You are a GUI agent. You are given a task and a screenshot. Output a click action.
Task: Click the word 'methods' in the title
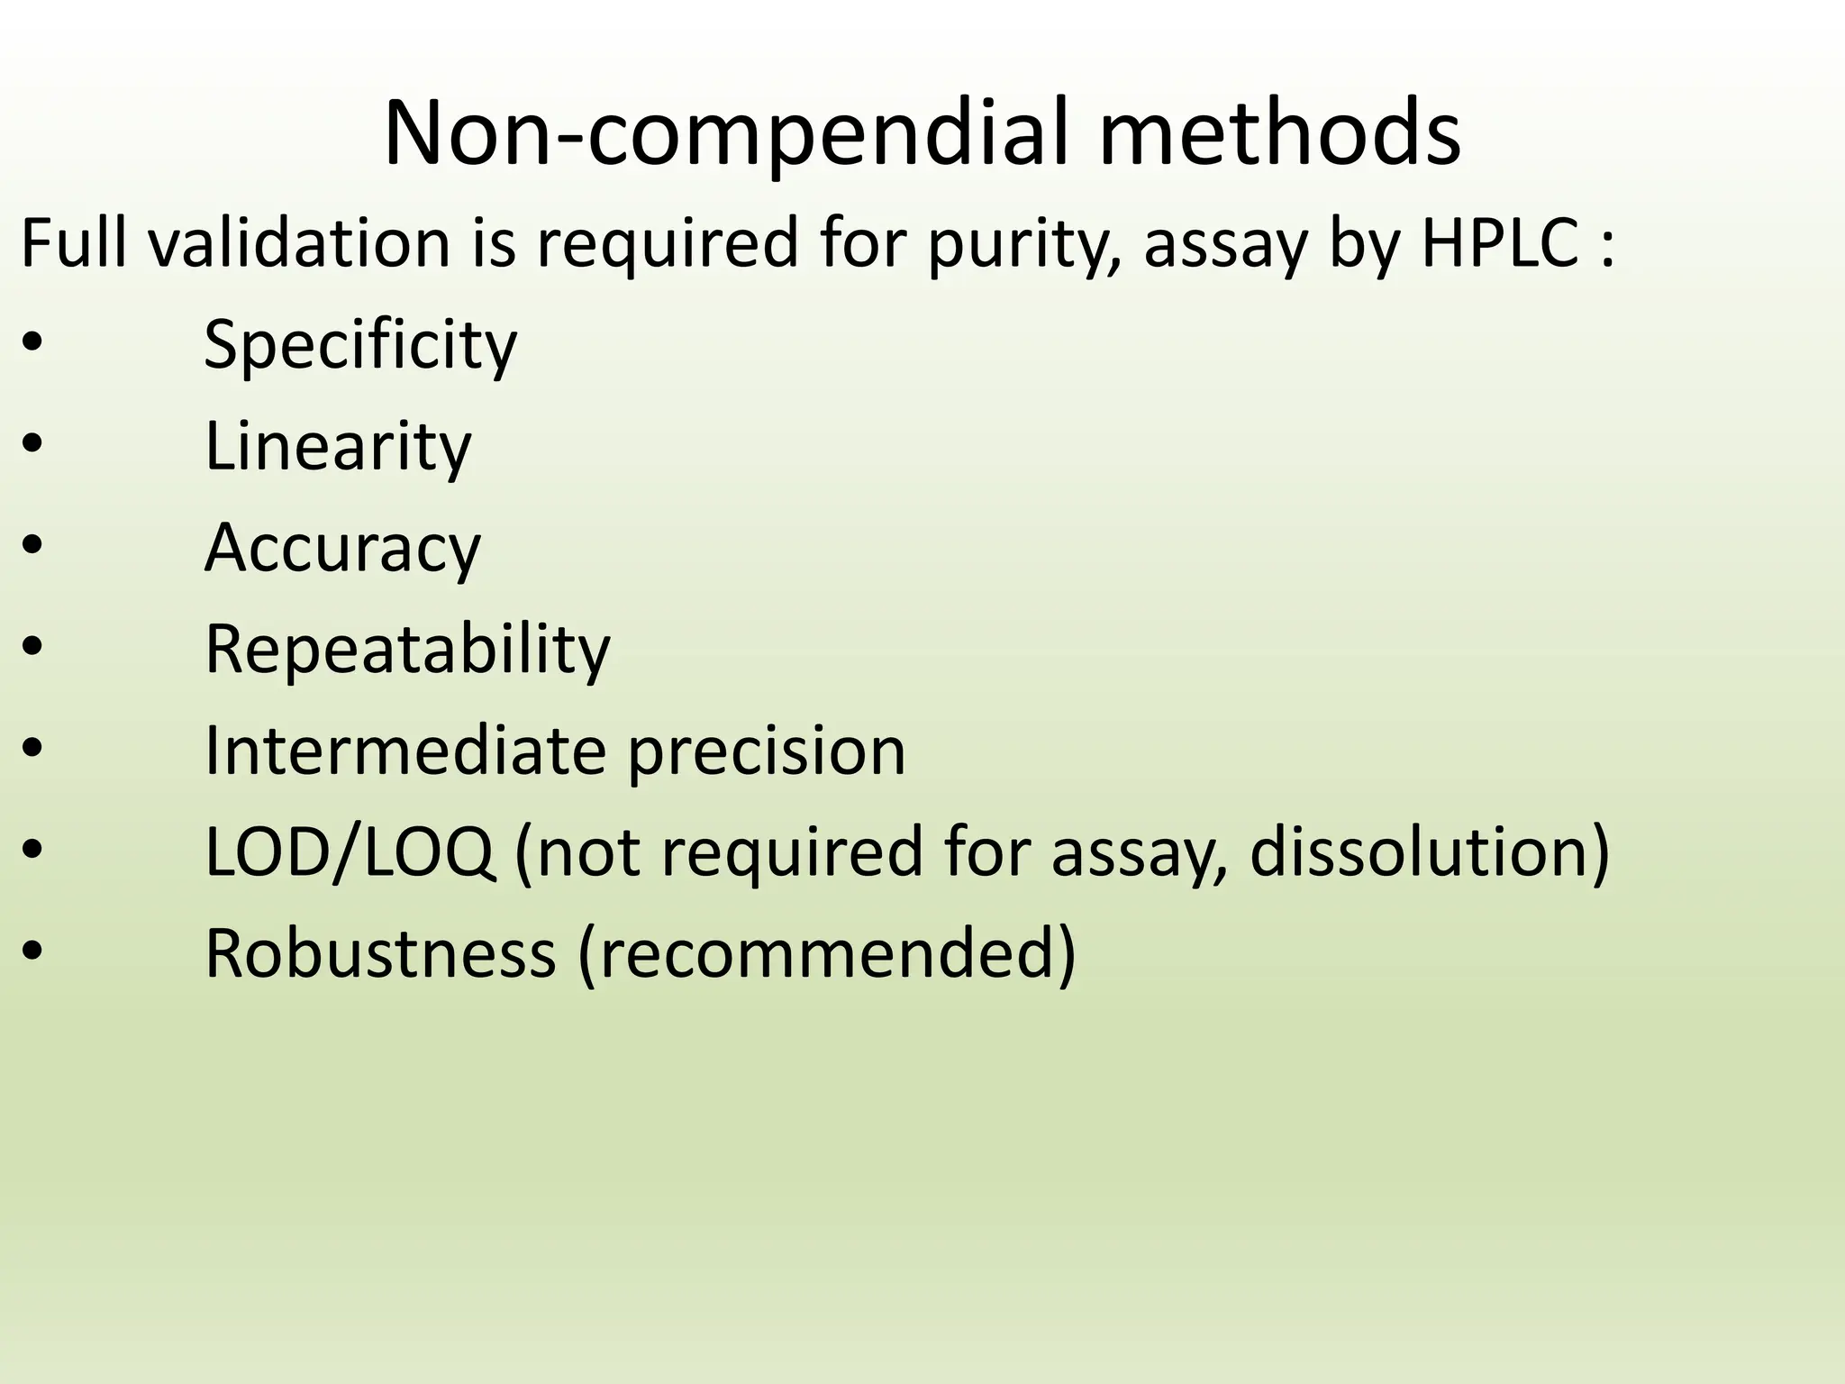coord(1279,134)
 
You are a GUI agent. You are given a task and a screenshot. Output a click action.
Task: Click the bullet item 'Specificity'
coord(360,345)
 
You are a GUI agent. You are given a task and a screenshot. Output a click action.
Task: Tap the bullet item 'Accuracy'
coord(342,548)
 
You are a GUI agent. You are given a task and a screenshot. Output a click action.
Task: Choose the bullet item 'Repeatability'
coord(407,649)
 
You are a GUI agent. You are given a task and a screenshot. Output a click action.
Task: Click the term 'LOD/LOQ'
coord(350,852)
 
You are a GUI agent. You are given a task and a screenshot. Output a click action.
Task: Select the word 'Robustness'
coord(380,953)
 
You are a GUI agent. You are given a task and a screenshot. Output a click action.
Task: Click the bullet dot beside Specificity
coord(32,345)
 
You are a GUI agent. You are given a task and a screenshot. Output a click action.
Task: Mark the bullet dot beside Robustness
coord(32,953)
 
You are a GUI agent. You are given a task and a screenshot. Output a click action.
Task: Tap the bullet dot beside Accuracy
coord(32,548)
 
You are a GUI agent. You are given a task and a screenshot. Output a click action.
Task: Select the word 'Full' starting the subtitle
coord(75,242)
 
